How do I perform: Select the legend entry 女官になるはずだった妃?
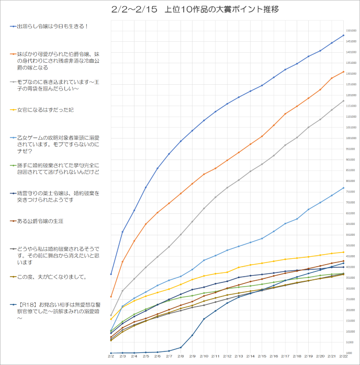[x=46, y=110]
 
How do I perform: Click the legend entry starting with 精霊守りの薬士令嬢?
[x=58, y=196]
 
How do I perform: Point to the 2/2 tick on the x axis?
[x=111, y=357]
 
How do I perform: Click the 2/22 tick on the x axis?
[x=344, y=357]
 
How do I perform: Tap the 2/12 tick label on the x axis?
[x=228, y=357]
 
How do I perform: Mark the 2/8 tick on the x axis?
[x=181, y=357]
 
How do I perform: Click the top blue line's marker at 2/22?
[x=344, y=35]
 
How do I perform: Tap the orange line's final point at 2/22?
[x=344, y=72]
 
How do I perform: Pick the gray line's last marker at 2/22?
[x=344, y=100]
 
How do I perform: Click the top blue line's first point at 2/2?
[x=111, y=274]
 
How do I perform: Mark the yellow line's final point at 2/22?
[x=344, y=252]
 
